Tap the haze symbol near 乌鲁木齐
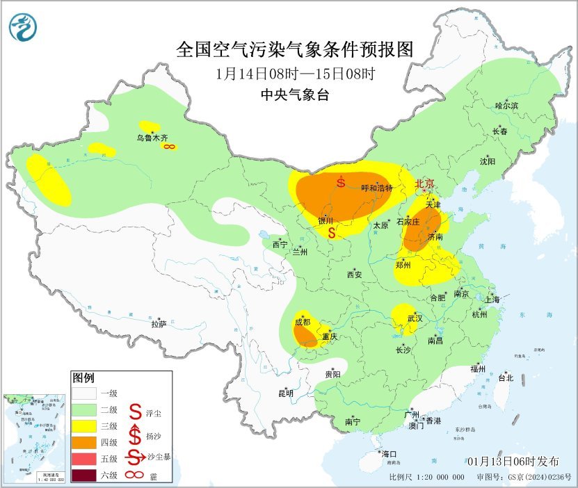(168, 147)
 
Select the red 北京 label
(424, 184)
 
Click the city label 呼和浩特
(378, 188)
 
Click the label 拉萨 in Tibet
(159, 323)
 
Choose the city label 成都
(302, 322)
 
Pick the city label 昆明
(286, 393)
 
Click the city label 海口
(390, 454)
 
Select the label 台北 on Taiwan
(505, 378)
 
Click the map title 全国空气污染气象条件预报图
(295, 49)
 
